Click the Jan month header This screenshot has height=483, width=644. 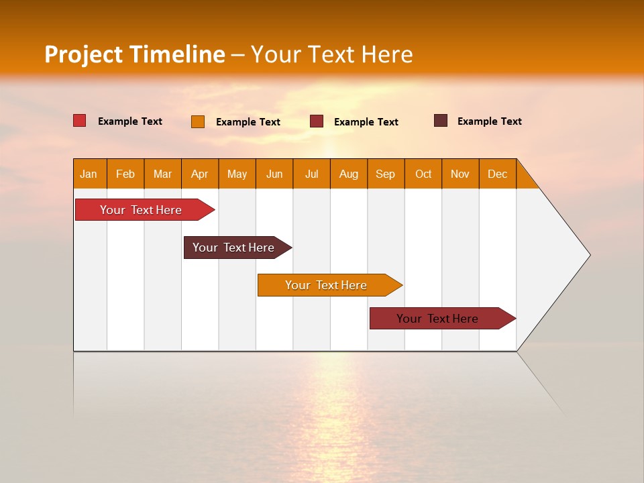coord(89,174)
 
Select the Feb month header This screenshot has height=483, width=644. coord(125,174)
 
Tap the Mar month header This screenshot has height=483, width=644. coord(162,174)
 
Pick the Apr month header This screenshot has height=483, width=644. coord(200,174)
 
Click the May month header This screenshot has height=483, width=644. coord(237,174)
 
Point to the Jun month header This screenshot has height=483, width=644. coord(274,174)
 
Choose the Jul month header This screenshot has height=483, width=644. coord(311,174)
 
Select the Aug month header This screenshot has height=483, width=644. coord(349,174)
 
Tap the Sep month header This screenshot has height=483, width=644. coord(386,174)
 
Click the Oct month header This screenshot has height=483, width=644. coord(423,174)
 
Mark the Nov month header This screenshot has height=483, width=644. coord(460,174)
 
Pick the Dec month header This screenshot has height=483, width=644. coord(498,174)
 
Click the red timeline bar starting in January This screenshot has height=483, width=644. coord(142,210)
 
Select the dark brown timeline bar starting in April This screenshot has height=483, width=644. coord(234,248)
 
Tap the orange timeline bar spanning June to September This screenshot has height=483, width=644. coord(327,285)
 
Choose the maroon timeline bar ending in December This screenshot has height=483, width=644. coord(438,319)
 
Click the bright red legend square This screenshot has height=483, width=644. coord(80,121)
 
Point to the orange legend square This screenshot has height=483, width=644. coord(198,121)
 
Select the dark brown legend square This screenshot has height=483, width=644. coord(441,121)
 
